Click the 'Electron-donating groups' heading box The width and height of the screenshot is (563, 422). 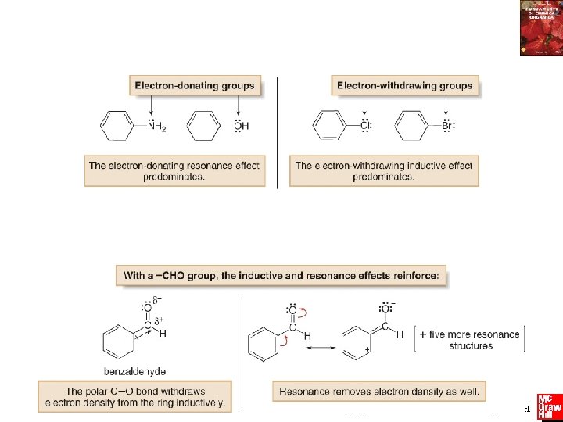pyautogui.click(x=195, y=85)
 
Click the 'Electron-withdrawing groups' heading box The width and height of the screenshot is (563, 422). pyautogui.click(x=404, y=85)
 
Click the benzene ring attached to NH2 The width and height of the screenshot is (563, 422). pyautogui.click(x=119, y=125)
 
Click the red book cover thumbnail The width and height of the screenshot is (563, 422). pyautogui.click(x=540, y=28)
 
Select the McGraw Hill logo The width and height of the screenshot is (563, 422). pyautogui.click(x=549, y=407)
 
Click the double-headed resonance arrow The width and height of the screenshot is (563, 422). pyautogui.click(x=321, y=347)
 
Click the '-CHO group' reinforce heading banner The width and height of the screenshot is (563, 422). pyautogui.click(x=281, y=275)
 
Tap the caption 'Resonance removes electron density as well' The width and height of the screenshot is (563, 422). pyautogui.click(x=382, y=392)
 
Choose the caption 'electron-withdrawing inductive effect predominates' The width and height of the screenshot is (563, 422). pyautogui.click(x=384, y=170)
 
